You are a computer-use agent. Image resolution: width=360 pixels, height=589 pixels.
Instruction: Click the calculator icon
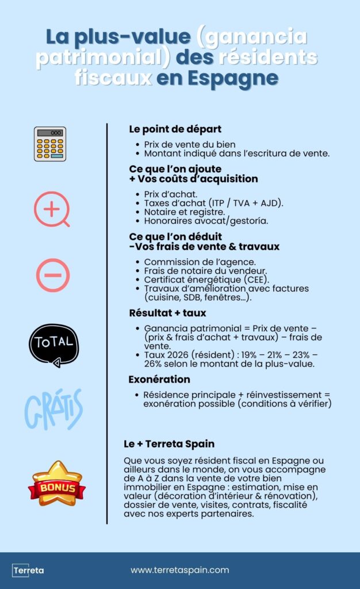point(50,144)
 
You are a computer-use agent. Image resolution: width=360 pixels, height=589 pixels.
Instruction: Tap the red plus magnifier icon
point(52,209)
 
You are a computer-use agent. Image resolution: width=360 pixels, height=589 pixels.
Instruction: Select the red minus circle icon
point(53,275)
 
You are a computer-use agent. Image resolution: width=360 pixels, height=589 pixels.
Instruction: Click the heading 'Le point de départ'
point(175,129)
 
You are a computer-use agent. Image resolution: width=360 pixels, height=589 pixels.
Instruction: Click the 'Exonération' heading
point(159,380)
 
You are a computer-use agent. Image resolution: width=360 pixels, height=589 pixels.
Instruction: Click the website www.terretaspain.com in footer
point(179,570)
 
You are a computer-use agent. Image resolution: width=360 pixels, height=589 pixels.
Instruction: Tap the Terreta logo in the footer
point(28,570)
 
